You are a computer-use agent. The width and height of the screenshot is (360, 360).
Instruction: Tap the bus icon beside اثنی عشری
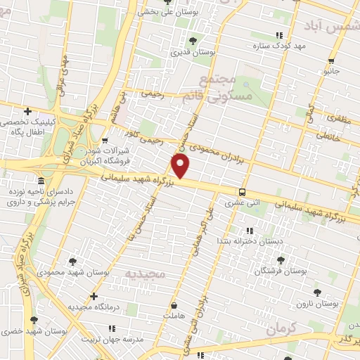click(242, 192)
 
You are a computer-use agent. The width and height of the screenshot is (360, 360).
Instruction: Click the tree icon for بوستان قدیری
click(193, 41)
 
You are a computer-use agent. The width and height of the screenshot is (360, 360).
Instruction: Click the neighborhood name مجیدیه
click(148, 271)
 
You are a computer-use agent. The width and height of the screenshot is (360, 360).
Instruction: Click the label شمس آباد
click(330, 25)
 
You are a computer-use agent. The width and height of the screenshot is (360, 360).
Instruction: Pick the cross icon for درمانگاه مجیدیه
click(94, 296)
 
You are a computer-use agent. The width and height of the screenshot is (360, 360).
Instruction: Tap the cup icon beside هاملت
click(174, 306)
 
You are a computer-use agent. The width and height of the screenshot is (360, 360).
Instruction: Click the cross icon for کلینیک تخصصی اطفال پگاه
click(27, 111)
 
